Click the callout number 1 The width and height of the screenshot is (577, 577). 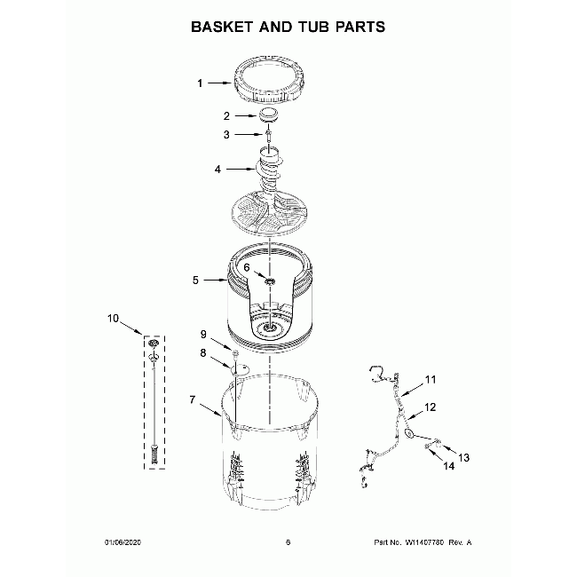(x=200, y=83)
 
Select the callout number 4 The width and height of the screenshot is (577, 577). (x=217, y=168)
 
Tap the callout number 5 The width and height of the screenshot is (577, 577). (x=195, y=281)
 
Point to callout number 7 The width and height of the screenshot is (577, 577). (x=194, y=400)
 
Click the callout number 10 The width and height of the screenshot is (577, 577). (x=112, y=317)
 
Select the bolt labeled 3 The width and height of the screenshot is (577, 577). (x=267, y=136)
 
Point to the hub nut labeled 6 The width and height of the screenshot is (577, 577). (x=269, y=281)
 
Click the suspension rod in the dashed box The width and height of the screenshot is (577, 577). (x=155, y=399)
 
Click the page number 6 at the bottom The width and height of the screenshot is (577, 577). (x=288, y=542)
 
